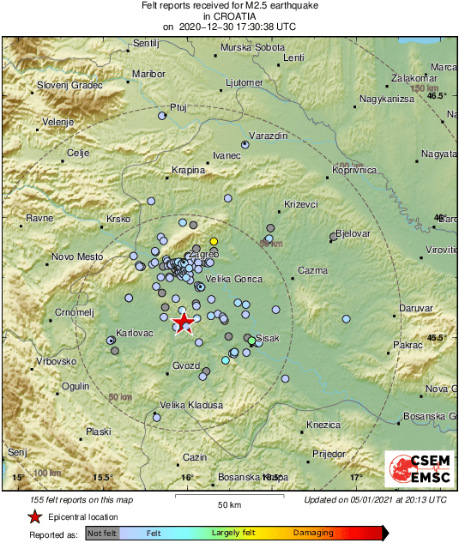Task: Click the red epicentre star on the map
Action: (x=184, y=323)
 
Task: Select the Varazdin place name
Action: (x=268, y=136)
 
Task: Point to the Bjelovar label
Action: (x=352, y=233)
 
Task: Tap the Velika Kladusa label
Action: (x=191, y=405)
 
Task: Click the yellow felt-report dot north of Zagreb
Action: (x=214, y=241)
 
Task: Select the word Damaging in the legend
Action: (x=314, y=533)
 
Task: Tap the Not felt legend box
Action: (x=102, y=533)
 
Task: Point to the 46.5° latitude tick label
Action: (x=438, y=96)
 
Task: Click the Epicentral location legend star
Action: (x=34, y=516)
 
